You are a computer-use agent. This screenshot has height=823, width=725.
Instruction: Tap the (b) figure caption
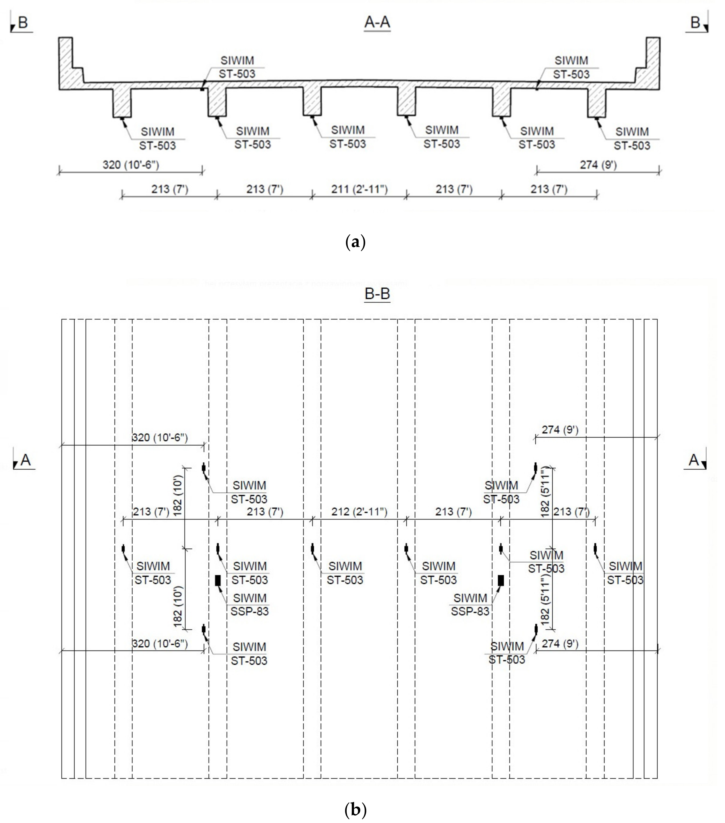click(355, 809)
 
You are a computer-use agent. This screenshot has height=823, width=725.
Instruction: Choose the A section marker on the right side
click(695, 460)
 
